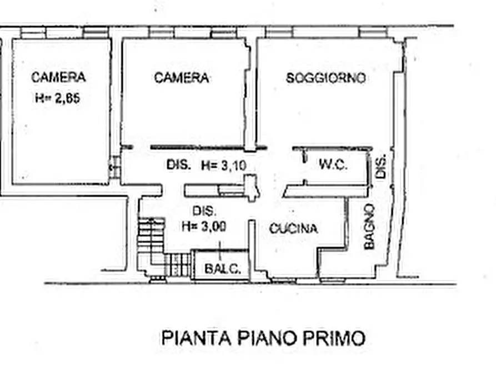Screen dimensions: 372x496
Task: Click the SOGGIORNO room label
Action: (326, 78)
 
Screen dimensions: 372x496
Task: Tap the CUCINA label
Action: (293, 228)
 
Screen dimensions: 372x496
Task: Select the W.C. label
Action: (333, 165)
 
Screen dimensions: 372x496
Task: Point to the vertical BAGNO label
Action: (370, 226)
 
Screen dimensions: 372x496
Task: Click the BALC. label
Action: (222, 270)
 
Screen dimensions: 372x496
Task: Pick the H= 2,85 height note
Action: (58, 99)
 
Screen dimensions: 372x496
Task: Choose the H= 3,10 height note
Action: (223, 165)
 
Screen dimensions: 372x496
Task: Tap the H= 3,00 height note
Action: (204, 226)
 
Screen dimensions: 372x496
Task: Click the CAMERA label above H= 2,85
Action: (58, 77)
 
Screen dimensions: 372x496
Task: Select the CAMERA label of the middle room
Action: (182, 78)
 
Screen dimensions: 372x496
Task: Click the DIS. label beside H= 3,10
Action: (179, 165)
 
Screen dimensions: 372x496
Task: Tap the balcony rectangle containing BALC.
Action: (219, 265)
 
